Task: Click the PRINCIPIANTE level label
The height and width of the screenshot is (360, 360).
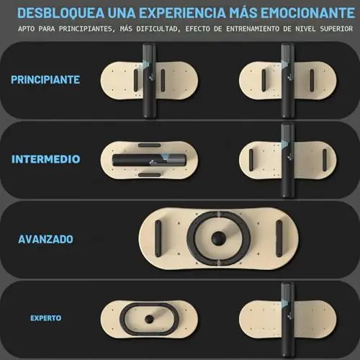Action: pyautogui.click(x=45, y=80)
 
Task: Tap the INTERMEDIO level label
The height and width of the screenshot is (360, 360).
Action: pyautogui.click(x=46, y=159)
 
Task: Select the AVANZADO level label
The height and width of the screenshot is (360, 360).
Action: pyautogui.click(x=45, y=239)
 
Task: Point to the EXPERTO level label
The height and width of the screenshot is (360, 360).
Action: pyautogui.click(x=46, y=318)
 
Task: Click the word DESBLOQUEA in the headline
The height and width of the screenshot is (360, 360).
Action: pyautogui.click(x=61, y=13)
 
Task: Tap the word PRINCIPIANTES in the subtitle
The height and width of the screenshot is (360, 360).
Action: pyautogui.click(x=86, y=29)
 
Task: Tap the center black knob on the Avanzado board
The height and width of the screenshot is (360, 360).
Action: pyautogui.click(x=218, y=238)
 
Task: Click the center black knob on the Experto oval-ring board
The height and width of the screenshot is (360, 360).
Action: pyautogui.click(x=149, y=319)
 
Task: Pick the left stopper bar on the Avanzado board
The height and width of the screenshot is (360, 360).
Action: pyautogui.click(x=158, y=239)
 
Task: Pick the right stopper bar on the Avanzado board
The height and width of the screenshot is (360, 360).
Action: pyautogui.click(x=279, y=239)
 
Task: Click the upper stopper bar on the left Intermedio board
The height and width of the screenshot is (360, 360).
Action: pyautogui.click(x=149, y=145)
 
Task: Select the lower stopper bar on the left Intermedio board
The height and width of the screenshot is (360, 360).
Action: pyautogui.click(x=149, y=175)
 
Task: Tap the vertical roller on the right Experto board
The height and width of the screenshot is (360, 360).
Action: pyautogui.click(x=287, y=320)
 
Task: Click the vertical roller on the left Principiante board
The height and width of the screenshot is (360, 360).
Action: pyautogui.click(x=149, y=81)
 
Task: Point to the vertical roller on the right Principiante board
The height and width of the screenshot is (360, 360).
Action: pyautogui.click(x=287, y=81)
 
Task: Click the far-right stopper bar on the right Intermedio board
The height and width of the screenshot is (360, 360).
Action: pyautogui.click(x=325, y=160)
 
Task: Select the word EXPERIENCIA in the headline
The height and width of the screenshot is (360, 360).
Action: pyautogui.click(x=183, y=13)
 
